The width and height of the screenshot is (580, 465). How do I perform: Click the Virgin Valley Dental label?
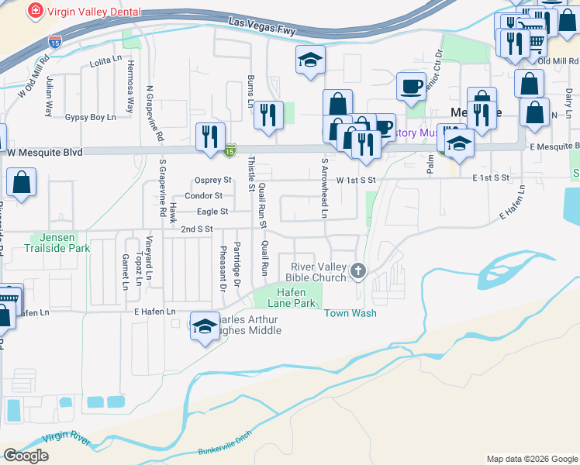(x=95, y=12)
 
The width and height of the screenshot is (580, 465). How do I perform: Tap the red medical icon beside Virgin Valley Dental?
(x=35, y=12)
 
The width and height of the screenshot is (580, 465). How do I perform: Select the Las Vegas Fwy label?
(x=262, y=24)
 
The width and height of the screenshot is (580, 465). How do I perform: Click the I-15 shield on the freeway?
(x=55, y=43)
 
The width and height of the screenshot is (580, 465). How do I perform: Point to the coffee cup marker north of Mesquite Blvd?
(x=411, y=85)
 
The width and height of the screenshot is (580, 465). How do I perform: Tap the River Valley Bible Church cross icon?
(x=357, y=270)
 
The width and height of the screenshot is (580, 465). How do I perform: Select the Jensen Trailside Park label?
(x=60, y=243)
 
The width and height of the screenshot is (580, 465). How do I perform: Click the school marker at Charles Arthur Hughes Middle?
(x=205, y=326)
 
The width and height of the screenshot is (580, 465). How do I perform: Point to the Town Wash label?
(x=350, y=313)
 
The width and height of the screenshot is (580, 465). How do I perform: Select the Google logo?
(x=26, y=456)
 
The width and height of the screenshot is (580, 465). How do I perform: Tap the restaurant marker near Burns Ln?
(x=268, y=115)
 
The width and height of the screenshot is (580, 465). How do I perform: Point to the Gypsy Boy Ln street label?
(x=90, y=117)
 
